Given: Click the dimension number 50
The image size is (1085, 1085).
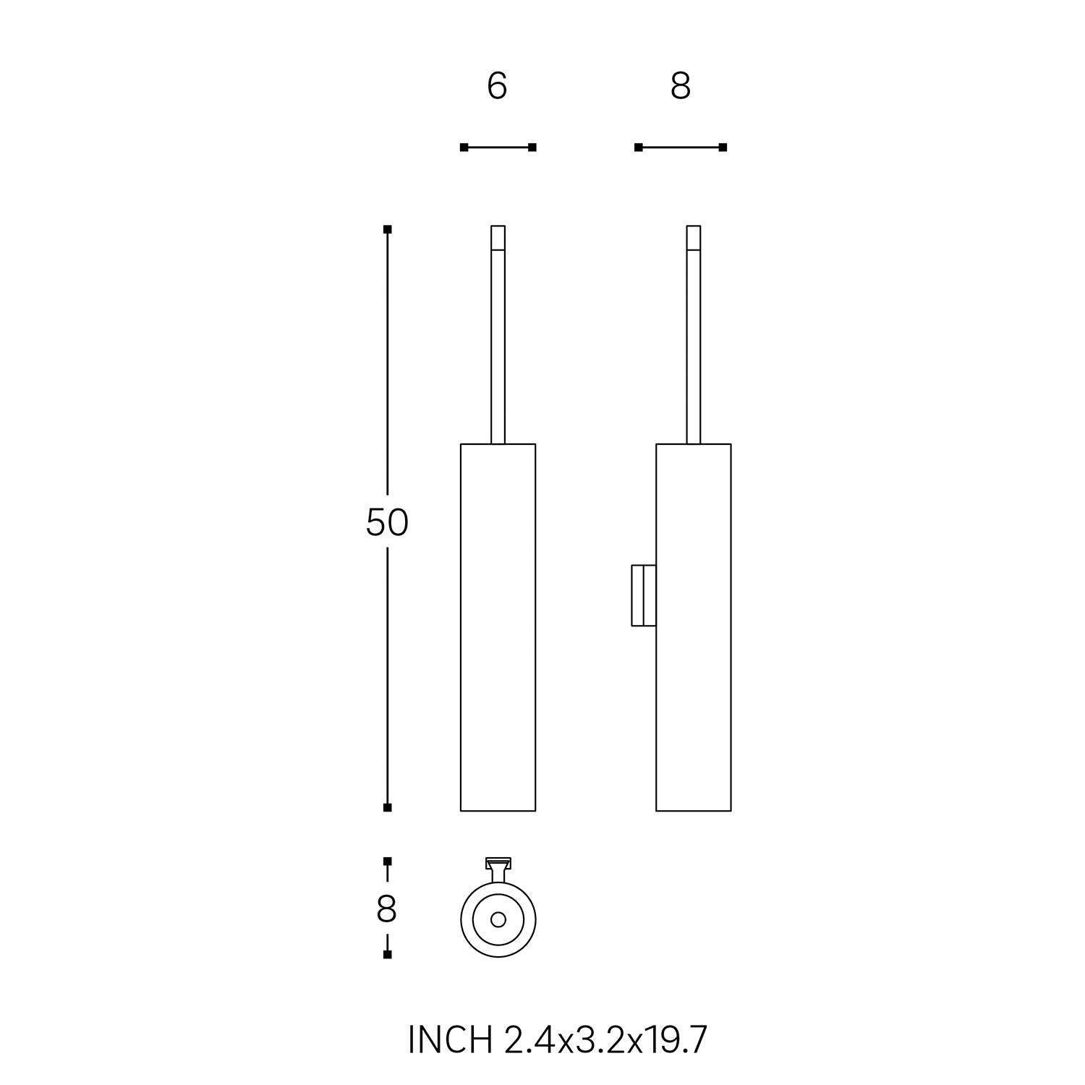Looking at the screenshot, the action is (x=387, y=522).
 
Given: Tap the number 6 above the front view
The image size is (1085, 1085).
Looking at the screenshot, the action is (x=497, y=86).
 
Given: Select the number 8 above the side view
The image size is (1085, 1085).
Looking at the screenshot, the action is (x=681, y=86).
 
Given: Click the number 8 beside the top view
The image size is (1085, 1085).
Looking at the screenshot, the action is (x=386, y=909).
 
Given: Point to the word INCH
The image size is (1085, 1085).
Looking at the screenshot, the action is (x=448, y=1040).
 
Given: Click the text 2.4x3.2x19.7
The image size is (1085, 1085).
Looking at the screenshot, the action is (x=603, y=1040).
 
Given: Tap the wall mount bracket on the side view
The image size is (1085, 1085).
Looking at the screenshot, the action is (x=644, y=595).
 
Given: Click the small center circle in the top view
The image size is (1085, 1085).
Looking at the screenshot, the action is (x=498, y=919).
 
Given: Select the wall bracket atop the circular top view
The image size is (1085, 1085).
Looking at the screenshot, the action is (x=498, y=869).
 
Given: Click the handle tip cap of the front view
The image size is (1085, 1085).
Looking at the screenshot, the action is (x=498, y=237).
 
